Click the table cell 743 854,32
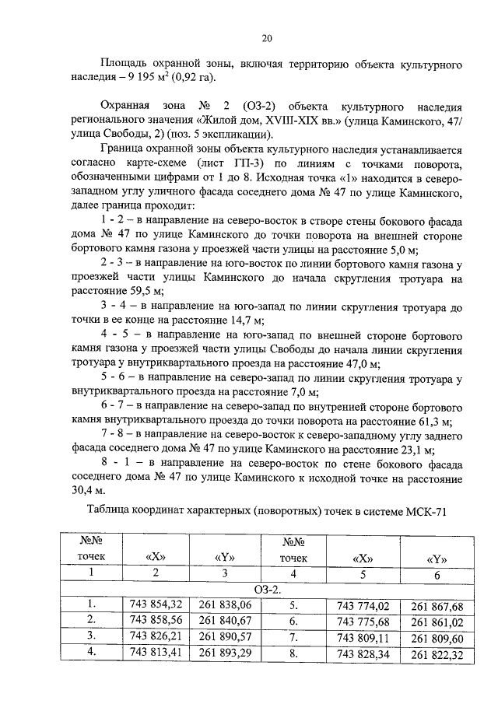(156, 604)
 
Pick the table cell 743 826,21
(156, 636)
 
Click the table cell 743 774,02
(363, 604)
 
